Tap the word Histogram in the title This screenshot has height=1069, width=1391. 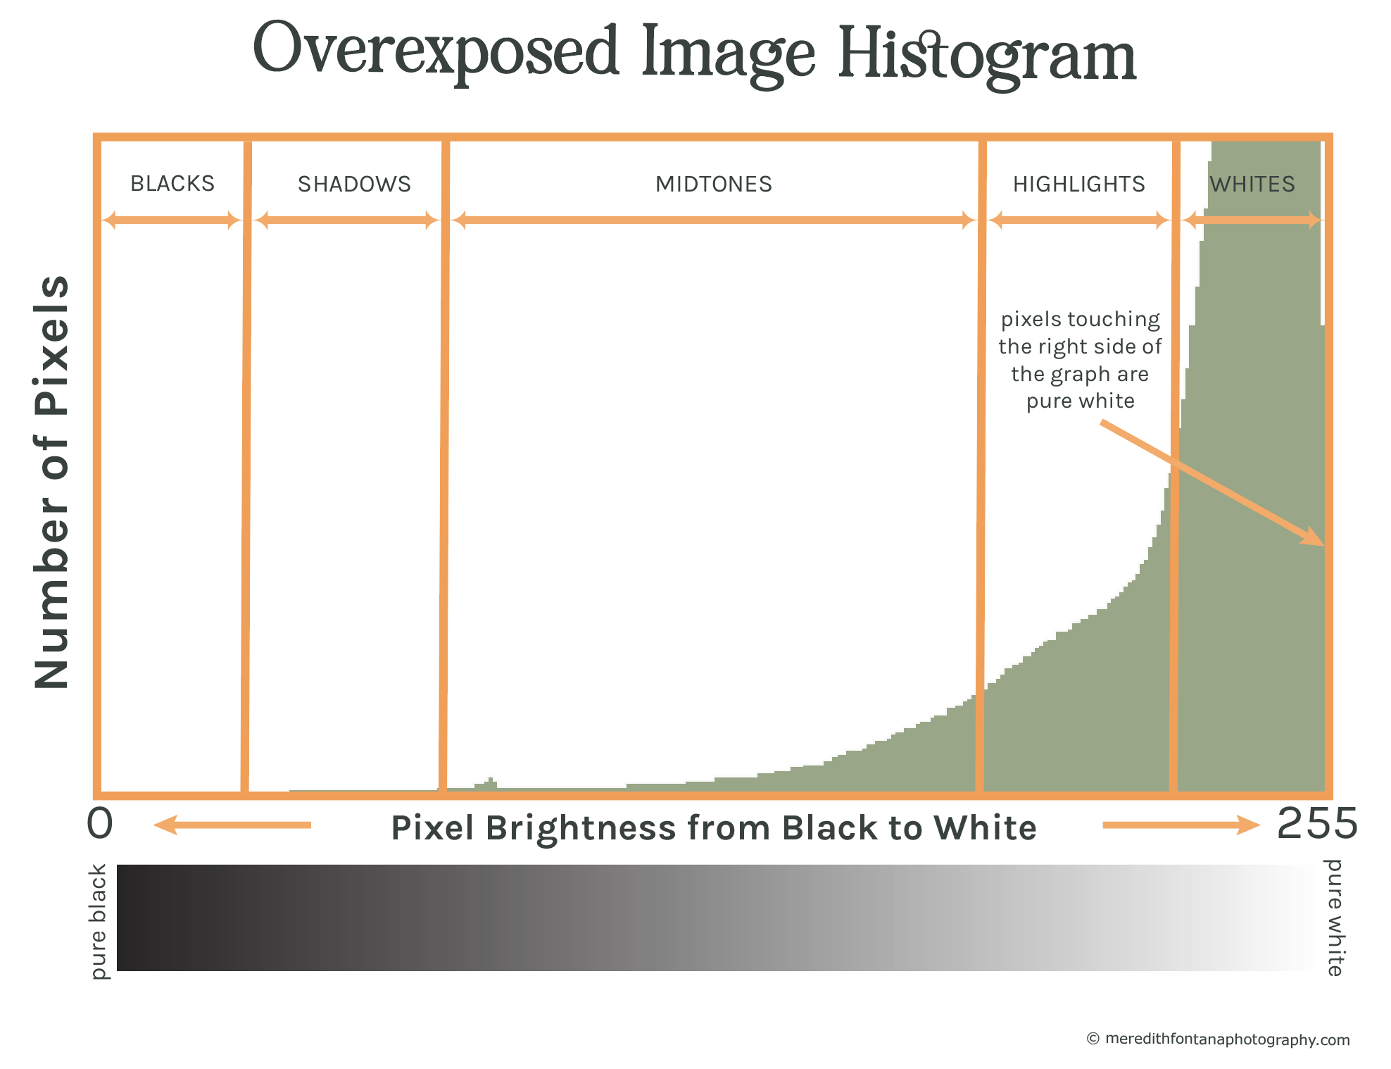click(x=987, y=56)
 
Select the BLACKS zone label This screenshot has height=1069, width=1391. click(x=172, y=184)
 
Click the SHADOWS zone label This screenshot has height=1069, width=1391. click(x=354, y=185)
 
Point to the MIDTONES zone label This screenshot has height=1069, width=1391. click(x=714, y=185)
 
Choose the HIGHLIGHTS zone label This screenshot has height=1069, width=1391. click(x=1079, y=185)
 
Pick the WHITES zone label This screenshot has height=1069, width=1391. click(x=1252, y=185)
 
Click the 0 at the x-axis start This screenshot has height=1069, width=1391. click(x=100, y=823)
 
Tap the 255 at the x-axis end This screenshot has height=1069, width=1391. click(x=1317, y=823)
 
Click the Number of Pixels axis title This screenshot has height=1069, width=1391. click(x=52, y=482)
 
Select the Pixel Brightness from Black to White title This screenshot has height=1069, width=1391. click(x=714, y=827)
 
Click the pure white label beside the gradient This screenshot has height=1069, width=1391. click(x=1334, y=917)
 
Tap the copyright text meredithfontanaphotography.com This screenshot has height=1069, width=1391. click(x=1227, y=1039)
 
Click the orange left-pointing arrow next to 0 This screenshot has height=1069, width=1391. click(x=232, y=825)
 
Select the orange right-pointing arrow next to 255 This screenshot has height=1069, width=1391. click(x=1181, y=825)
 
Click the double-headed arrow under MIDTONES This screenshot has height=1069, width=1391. click(x=714, y=220)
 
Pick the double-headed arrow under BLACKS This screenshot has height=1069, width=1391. click(x=172, y=220)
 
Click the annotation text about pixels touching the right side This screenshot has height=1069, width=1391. click(x=1080, y=360)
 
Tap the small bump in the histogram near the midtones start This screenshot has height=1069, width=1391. click(x=490, y=783)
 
